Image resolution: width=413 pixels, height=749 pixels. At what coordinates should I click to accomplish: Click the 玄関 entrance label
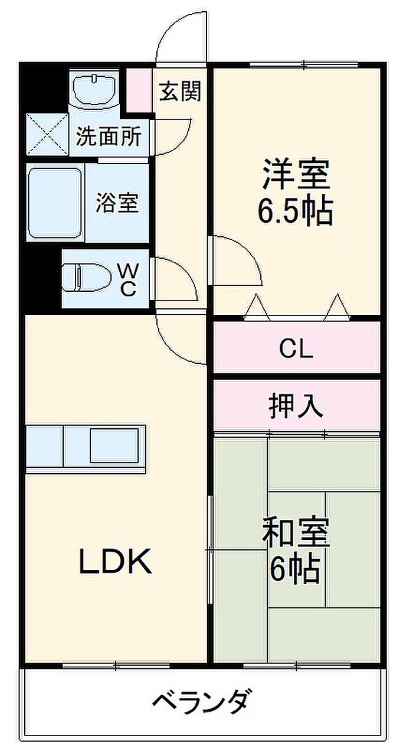(x=180, y=91)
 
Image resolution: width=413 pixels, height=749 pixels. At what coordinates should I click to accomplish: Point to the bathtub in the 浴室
(x=55, y=203)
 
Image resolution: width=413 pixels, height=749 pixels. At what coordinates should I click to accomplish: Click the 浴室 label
(x=117, y=203)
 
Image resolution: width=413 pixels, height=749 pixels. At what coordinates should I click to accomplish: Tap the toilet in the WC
(x=87, y=278)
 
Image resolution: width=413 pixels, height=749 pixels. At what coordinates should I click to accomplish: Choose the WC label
(x=128, y=280)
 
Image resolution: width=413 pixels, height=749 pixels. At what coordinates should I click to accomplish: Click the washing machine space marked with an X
(x=47, y=135)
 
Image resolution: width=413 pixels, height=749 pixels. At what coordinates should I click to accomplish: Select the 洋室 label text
(x=296, y=174)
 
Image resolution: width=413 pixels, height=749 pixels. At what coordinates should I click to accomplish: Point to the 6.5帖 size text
(x=295, y=211)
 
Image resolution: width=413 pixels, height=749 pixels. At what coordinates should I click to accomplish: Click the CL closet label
(x=296, y=349)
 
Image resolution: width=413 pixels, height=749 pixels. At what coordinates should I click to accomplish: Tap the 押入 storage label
(x=296, y=406)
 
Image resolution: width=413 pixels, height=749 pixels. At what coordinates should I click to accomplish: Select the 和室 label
(x=296, y=533)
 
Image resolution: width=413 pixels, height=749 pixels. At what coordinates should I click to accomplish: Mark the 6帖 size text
(x=295, y=569)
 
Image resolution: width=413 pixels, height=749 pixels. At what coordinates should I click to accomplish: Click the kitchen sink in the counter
(x=114, y=445)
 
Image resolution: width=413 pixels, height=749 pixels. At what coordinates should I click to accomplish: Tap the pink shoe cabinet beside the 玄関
(x=139, y=90)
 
